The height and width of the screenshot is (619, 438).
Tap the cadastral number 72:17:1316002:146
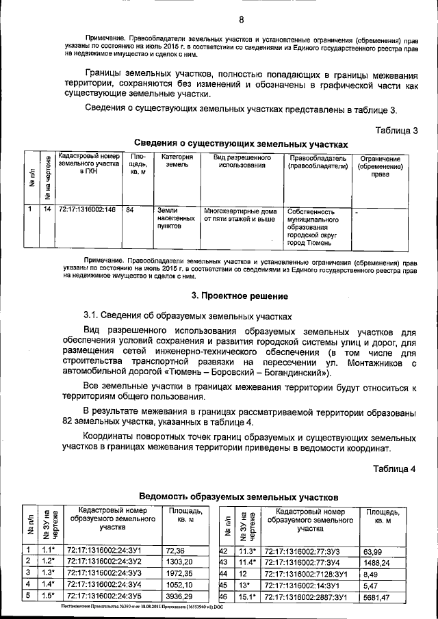point(87,211)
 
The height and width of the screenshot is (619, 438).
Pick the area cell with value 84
point(130,211)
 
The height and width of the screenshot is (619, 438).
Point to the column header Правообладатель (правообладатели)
point(318,161)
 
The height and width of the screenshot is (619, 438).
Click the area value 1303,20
point(179,561)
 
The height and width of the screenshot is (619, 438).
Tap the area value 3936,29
point(180,596)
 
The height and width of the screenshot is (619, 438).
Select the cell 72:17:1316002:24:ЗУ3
point(103,572)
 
